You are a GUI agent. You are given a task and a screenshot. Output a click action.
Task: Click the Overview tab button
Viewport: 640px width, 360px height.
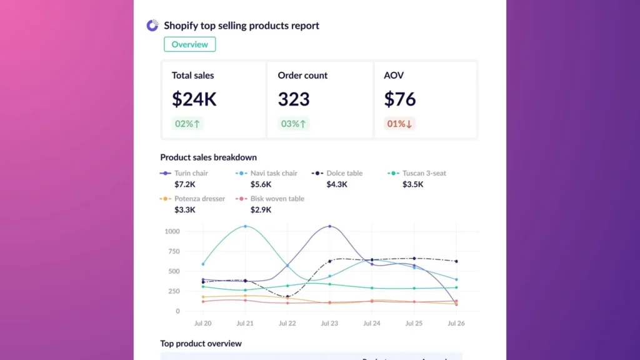pyautogui.click(x=190, y=44)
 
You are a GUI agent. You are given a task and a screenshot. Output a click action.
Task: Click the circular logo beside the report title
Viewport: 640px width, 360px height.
pyautogui.click(x=152, y=26)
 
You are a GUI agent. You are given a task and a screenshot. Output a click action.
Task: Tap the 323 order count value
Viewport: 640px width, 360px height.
pyautogui.click(x=294, y=99)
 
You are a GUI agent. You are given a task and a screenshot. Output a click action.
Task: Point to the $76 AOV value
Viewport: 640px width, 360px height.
pyautogui.click(x=400, y=99)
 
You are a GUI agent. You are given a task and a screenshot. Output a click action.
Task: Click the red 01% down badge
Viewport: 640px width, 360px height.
pyautogui.click(x=399, y=124)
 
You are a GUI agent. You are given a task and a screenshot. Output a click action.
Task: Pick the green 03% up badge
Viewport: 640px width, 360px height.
pyautogui.click(x=294, y=124)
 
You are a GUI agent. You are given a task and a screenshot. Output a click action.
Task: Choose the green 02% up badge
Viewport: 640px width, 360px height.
pyautogui.click(x=187, y=124)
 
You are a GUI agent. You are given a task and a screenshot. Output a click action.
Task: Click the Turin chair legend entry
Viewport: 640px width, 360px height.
pyautogui.click(x=191, y=173)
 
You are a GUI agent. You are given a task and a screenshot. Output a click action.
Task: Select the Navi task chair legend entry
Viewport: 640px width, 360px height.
pyautogui.click(x=273, y=173)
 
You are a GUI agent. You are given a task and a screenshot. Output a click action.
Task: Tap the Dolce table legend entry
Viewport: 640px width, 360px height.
pyautogui.click(x=344, y=173)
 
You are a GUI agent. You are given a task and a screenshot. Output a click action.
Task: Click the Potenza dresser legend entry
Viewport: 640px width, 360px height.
pyautogui.click(x=199, y=199)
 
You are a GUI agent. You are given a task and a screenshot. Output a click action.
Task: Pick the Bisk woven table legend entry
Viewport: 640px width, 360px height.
pyautogui.click(x=277, y=199)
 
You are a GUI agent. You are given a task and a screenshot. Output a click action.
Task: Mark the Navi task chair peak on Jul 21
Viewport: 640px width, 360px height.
pyautogui.click(x=245, y=226)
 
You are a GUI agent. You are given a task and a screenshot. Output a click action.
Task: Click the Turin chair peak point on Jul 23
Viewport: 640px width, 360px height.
pyautogui.click(x=330, y=226)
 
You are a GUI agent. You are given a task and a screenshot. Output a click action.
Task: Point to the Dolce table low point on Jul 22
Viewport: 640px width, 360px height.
pyautogui.click(x=287, y=297)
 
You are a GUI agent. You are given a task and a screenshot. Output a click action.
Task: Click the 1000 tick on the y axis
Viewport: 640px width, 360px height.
pyautogui.click(x=172, y=231)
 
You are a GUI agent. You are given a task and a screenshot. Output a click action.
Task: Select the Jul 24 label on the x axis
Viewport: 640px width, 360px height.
pyautogui.click(x=372, y=324)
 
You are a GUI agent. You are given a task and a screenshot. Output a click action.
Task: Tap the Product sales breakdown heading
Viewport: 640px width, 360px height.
pyautogui.click(x=208, y=157)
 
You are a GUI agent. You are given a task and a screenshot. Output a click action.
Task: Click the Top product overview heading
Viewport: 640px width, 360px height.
pyautogui.click(x=201, y=344)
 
